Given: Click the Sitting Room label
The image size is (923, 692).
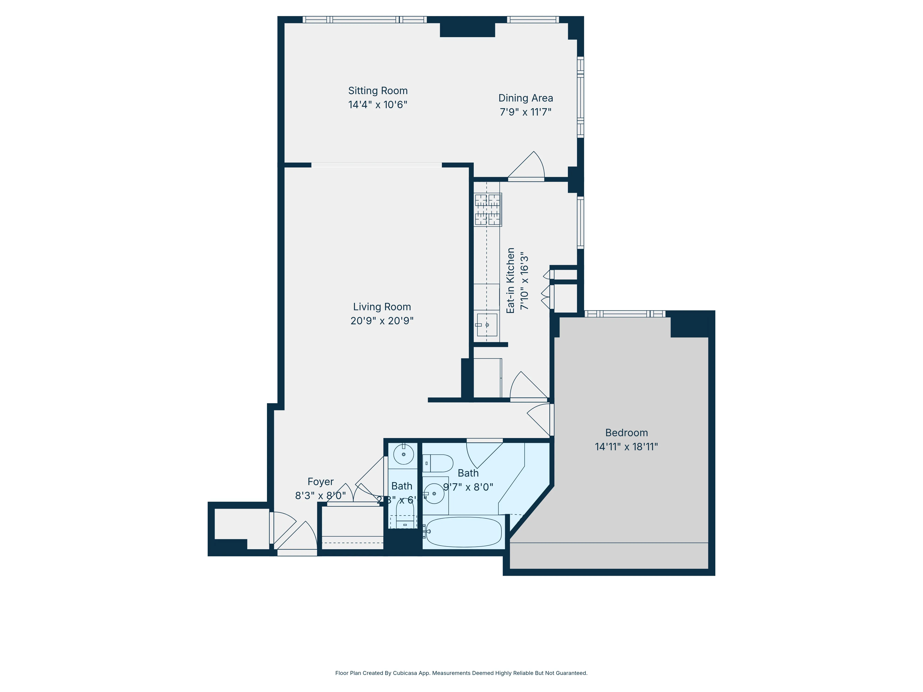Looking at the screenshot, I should point(378,90).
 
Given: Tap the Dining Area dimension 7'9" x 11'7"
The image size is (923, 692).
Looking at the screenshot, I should point(525,112).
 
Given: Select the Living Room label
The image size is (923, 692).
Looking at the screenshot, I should point(382,307).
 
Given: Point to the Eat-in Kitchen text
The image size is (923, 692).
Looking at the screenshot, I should point(510,280).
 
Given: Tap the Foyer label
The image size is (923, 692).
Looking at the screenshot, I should point(321,481).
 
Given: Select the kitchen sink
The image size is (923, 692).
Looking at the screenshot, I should point(487,325).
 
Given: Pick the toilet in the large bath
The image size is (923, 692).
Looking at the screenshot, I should point(438,463).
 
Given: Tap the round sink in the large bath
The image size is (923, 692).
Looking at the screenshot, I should point(434,493).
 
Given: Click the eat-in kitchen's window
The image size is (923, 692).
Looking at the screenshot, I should point(580,222).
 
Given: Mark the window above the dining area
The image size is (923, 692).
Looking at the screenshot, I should point(533,19).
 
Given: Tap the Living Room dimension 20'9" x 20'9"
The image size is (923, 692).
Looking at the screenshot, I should point(382,320).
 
